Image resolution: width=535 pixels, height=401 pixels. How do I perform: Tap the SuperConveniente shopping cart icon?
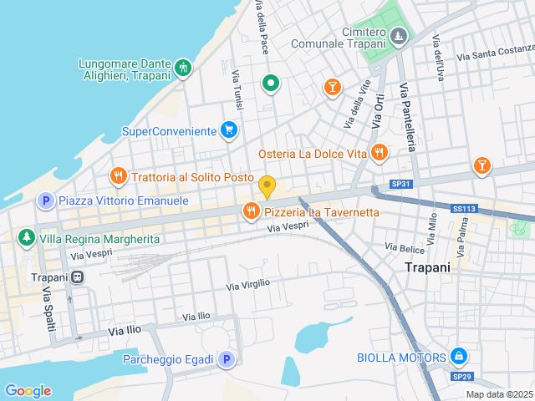click(x=228, y=130)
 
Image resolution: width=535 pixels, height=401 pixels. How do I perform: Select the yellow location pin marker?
click(x=267, y=186)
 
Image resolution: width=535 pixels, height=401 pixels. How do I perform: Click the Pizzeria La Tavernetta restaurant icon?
click(x=250, y=212)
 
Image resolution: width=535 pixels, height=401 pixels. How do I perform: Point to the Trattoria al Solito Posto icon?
click(x=118, y=177)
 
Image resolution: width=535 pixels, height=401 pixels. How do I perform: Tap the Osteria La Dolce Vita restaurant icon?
click(x=380, y=153)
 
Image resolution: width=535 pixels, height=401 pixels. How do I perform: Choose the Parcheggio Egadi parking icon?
click(x=226, y=359)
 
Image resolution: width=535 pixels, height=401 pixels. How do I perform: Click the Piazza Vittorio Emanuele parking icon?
click(x=45, y=201)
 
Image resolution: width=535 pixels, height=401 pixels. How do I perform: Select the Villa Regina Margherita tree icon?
click(x=27, y=238)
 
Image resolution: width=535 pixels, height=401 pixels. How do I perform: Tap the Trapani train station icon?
click(x=77, y=277)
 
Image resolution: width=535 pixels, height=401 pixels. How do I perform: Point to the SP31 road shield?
click(x=402, y=184)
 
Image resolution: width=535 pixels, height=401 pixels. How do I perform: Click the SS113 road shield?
click(x=463, y=209)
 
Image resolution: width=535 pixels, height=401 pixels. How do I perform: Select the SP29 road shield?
click(x=462, y=377)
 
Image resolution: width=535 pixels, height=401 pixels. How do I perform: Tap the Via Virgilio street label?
click(x=248, y=285)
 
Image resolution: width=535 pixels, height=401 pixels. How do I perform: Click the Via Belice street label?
click(x=405, y=247)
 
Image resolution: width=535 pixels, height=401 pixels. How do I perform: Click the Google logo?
click(x=28, y=391)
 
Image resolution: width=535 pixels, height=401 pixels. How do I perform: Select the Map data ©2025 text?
click(x=498, y=394)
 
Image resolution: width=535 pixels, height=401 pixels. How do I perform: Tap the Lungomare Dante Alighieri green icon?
click(x=184, y=67)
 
